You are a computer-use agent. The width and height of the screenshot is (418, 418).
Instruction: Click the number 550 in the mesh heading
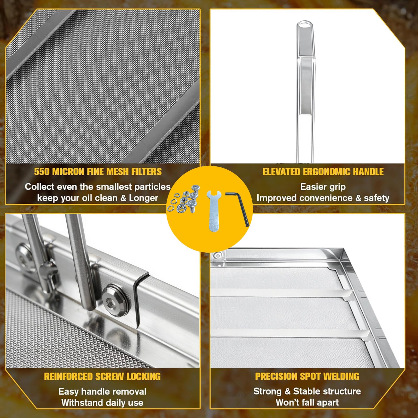42,172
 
